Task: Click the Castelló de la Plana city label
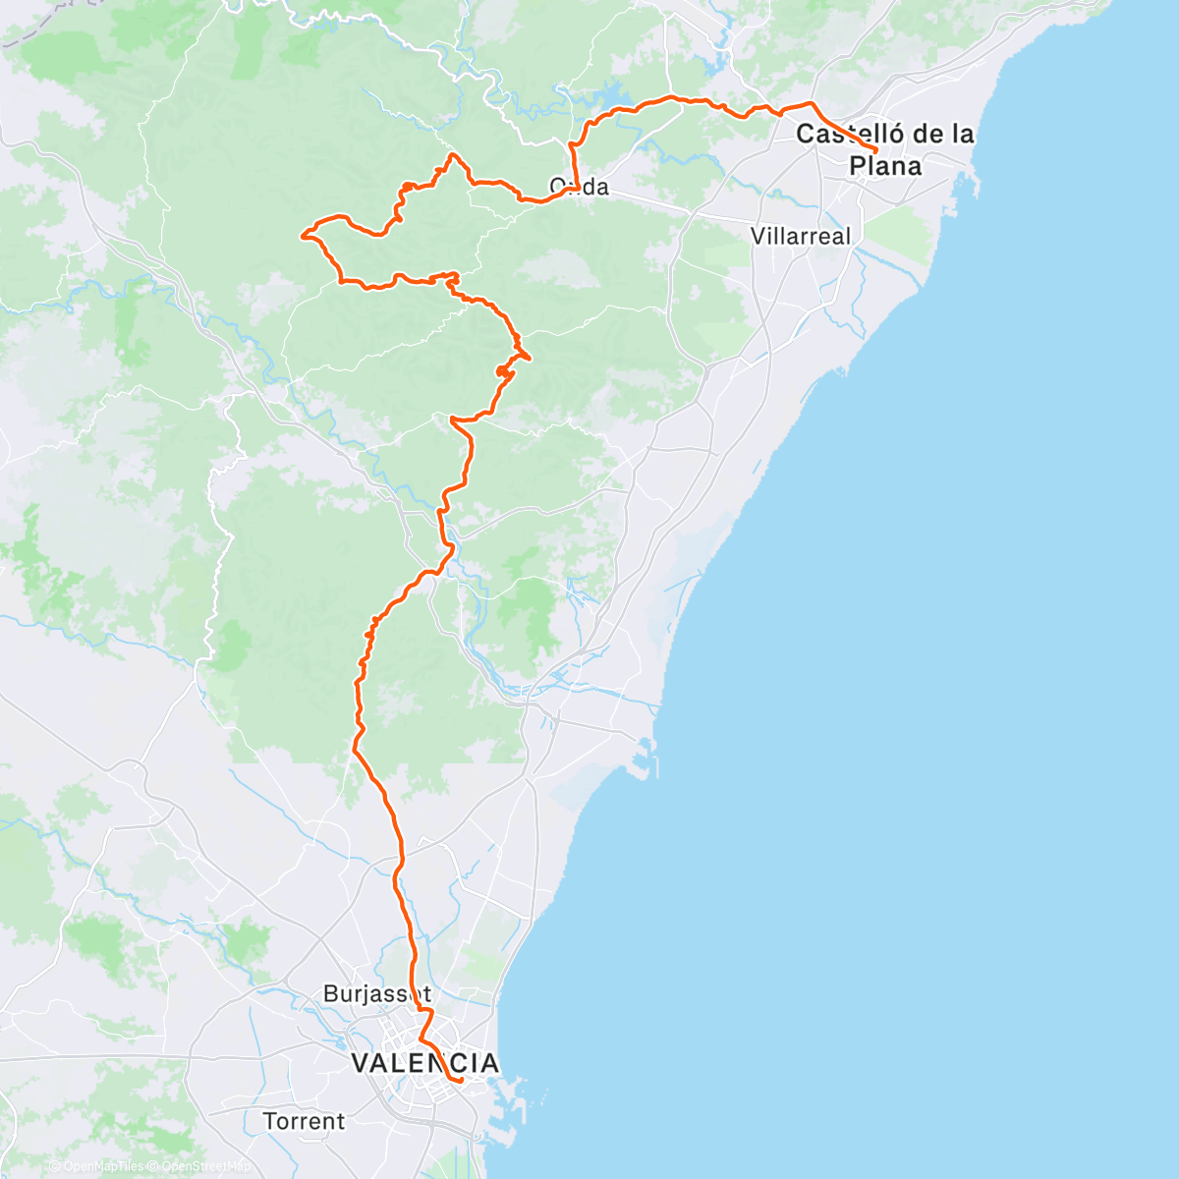pos(885,148)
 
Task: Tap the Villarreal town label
pos(801,237)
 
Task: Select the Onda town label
pos(579,187)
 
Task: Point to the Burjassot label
pos(377,994)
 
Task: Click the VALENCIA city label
pos(424,1063)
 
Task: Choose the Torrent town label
pos(304,1121)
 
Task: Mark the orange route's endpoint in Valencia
pos(461,1081)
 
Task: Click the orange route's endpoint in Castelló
pos(875,149)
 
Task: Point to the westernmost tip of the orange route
pos(302,234)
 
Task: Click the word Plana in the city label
pos(885,166)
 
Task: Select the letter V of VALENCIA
pos(361,1063)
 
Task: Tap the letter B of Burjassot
pos(330,994)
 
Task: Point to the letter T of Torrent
pos(269,1121)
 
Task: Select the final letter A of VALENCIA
pos(487,1063)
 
